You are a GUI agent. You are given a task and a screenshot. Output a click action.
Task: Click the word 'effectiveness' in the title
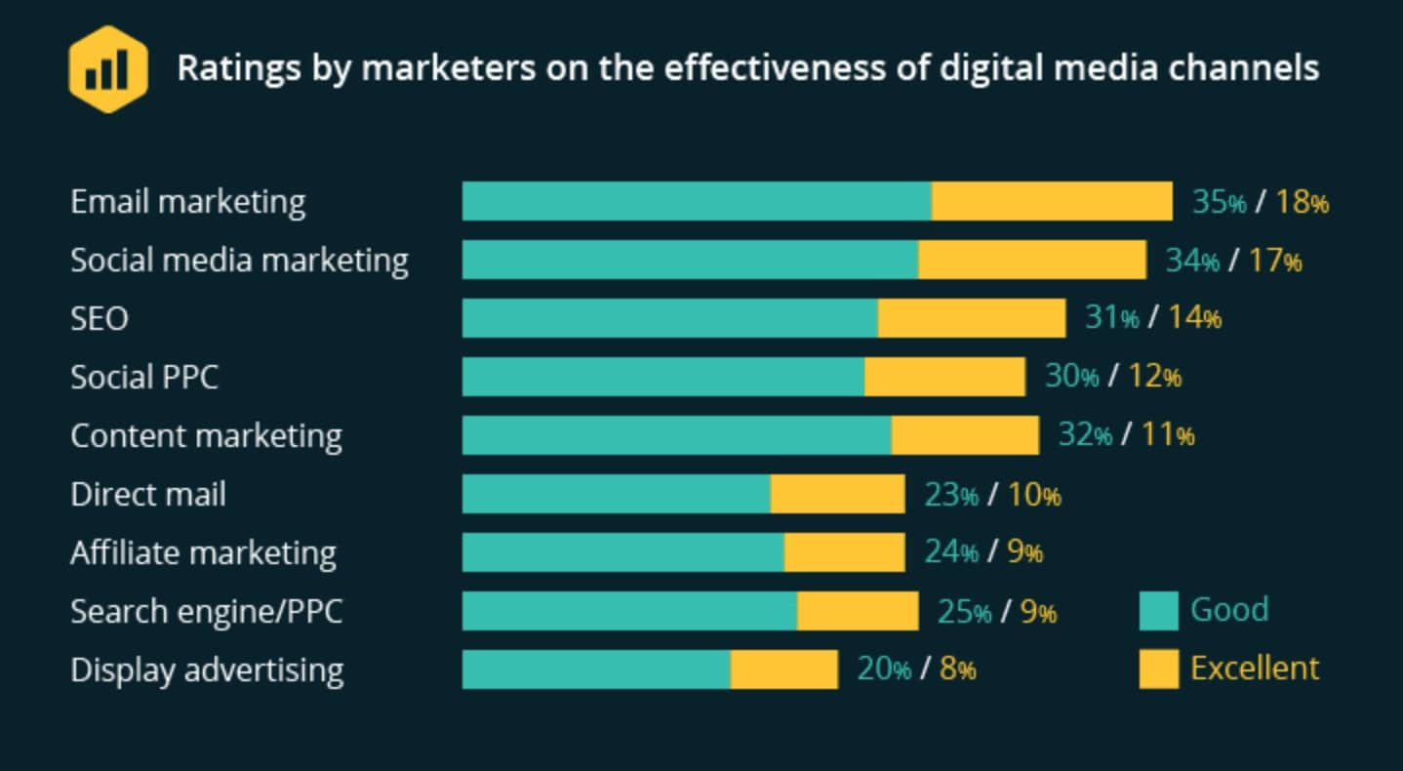click(775, 68)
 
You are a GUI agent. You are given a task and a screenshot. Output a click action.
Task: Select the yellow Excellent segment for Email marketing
click(1052, 201)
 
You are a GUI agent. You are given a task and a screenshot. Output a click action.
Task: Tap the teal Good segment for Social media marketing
click(690, 260)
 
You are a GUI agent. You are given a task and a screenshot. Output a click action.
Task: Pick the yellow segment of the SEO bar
click(971, 318)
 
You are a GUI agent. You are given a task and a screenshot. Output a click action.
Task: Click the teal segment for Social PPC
click(663, 377)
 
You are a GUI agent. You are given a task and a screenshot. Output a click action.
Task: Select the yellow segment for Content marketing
click(965, 435)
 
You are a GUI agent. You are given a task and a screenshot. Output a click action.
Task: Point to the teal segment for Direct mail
click(617, 494)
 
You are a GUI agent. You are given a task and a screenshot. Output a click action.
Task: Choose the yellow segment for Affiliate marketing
click(844, 552)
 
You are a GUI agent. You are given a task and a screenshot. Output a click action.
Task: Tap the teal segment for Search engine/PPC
click(629, 611)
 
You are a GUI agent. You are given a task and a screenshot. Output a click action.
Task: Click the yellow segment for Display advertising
click(783, 670)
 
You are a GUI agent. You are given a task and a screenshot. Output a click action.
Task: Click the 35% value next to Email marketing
click(1219, 202)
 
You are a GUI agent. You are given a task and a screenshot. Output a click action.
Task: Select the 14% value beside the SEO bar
click(1194, 318)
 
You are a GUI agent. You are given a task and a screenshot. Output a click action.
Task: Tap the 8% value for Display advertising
click(957, 670)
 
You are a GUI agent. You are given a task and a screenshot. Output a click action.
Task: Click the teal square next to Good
click(1158, 611)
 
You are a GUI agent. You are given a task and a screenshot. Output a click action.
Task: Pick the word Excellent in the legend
click(1254, 669)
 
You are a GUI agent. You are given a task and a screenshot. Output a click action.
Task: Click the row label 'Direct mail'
click(148, 494)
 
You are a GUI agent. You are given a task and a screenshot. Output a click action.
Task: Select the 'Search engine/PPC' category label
click(206, 612)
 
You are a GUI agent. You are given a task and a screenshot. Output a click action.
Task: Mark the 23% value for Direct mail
click(950, 495)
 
